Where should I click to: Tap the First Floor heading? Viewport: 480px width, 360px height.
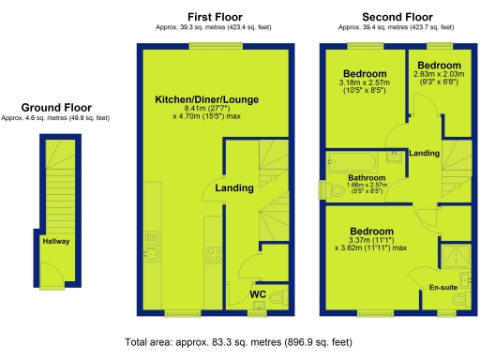[x=216, y=17]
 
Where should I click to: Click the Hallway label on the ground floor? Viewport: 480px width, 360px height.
[x=55, y=241]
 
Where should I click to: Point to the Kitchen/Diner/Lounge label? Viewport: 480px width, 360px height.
[x=207, y=99]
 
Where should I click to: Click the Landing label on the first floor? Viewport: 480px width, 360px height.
[x=233, y=188]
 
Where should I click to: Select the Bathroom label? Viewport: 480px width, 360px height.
[x=367, y=177]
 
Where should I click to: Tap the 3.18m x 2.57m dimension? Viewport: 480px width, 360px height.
[x=365, y=83]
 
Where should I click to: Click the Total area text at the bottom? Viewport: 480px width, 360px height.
[x=239, y=343]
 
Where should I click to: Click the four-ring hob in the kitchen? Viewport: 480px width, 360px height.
[x=212, y=252]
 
